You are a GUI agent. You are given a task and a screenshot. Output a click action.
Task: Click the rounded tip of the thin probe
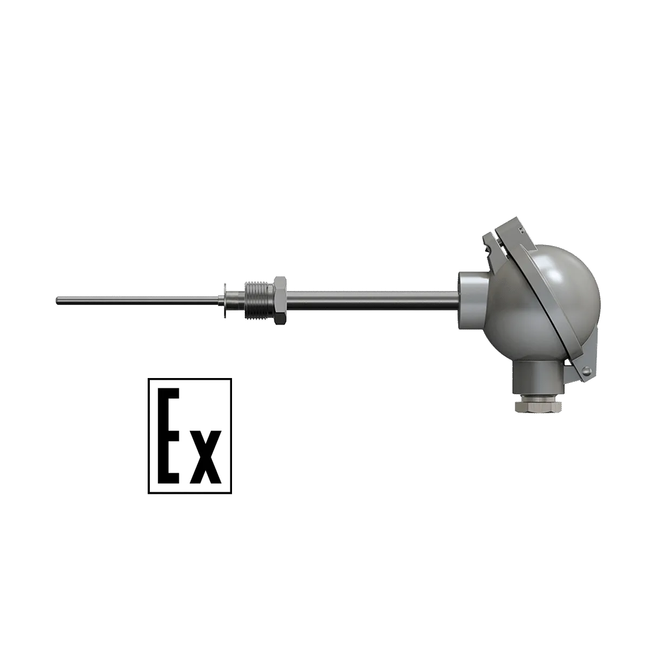coord(57,301)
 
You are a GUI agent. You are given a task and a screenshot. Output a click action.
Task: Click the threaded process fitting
coord(260,300)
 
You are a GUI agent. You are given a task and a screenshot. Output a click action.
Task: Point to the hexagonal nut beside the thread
coord(281,300)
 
